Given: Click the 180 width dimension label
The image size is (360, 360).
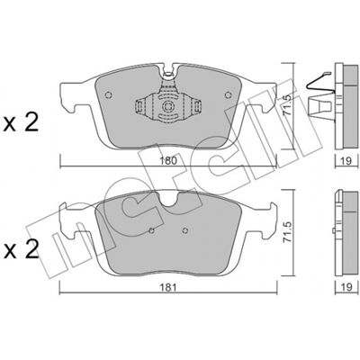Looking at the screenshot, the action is [168, 161].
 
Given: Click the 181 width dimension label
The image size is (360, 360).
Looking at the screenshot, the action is [169, 288].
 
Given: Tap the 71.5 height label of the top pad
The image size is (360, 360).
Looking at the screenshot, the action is [287, 105].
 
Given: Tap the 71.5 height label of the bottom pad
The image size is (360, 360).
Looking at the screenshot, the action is [288, 232].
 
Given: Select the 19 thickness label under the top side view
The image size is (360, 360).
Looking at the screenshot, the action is [346, 161].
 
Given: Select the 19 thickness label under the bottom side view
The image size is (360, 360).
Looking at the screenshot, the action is [346, 288].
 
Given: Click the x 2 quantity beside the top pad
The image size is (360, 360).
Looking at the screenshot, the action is [21, 123].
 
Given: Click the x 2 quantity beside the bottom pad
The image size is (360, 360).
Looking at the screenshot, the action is [21, 250].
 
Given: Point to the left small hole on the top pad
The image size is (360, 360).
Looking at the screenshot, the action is [109, 95].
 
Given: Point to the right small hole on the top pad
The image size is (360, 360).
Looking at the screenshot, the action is [229, 95].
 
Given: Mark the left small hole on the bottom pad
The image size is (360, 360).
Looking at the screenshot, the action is [152, 230].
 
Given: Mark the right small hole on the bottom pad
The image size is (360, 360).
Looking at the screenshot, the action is [185, 230].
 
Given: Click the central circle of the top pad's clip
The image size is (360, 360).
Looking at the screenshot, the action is [167, 106].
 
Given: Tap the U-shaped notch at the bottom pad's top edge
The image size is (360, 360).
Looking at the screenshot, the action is [169, 201].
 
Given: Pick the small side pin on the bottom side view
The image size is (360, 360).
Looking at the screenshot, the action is [334, 230].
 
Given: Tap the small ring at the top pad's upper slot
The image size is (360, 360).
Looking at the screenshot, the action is [168, 73].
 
